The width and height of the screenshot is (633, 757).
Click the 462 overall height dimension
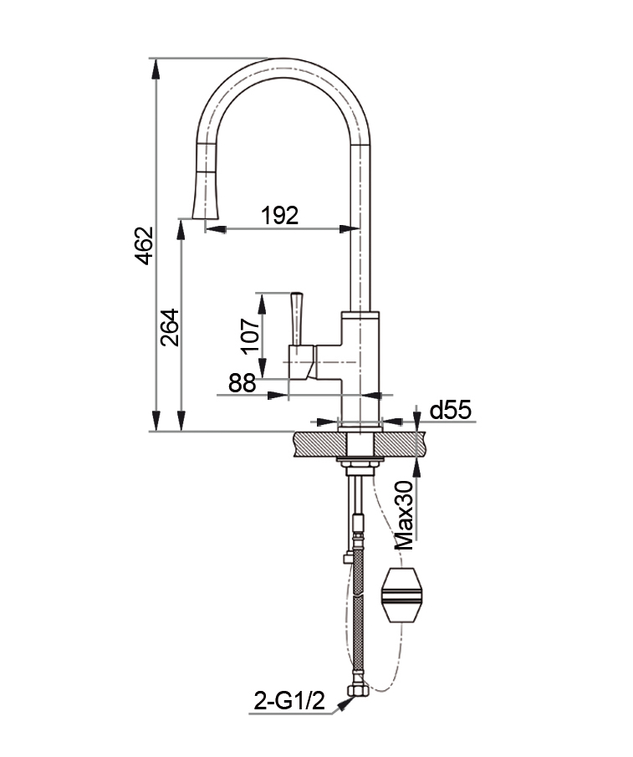[145, 246]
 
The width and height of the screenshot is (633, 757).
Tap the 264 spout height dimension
[170, 327]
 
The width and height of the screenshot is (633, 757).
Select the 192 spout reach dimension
[280, 215]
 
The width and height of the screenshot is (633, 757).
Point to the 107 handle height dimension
[250, 336]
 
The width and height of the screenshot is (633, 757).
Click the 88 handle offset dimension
[242, 383]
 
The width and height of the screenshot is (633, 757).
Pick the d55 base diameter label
[450, 410]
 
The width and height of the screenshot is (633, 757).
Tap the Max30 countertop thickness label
[405, 514]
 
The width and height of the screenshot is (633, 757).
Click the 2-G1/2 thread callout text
[289, 701]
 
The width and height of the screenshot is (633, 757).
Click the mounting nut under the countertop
[360, 464]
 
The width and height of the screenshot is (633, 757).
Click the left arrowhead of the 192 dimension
[216, 229]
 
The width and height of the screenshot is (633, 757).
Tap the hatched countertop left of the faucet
[319, 443]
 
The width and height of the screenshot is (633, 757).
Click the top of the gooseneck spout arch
[284, 68]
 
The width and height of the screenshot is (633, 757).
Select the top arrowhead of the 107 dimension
[262, 302]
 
